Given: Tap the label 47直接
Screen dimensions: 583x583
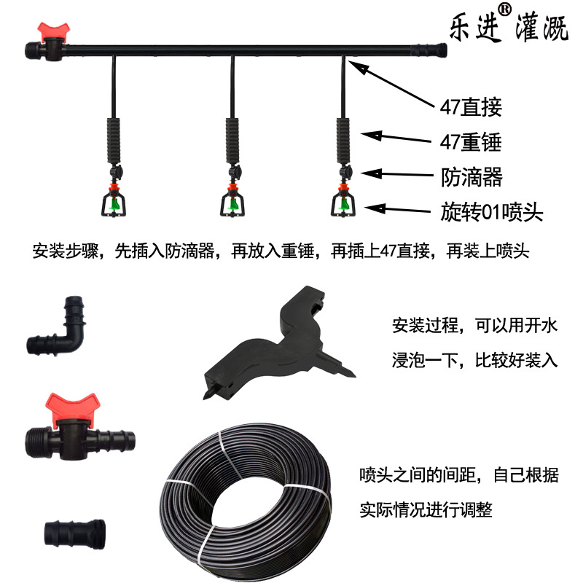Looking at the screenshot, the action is (471, 107).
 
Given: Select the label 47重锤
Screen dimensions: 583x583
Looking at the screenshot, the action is (471, 142).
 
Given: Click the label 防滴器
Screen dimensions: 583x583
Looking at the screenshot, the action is (472, 177).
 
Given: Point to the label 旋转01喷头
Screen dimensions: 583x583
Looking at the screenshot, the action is (491, 212).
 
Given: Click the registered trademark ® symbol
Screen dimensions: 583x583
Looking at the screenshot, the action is (504, 9).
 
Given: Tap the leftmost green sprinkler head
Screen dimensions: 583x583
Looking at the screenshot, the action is (115, 204).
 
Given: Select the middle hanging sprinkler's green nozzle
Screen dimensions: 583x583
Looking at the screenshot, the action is (233, 204).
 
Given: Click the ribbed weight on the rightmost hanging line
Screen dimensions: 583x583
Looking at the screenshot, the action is (343, 141).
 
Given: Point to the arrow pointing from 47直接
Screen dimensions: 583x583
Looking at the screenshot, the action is (391, 85).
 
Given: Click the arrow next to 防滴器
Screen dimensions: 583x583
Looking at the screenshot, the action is (397, 174).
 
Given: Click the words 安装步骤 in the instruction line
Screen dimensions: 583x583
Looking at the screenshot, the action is (66, 251).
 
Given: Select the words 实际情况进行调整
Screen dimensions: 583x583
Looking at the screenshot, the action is (426, 509).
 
